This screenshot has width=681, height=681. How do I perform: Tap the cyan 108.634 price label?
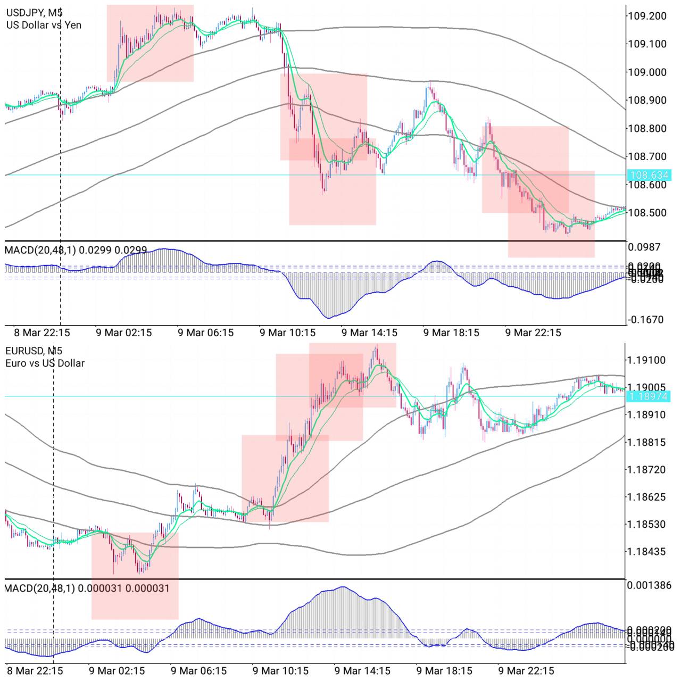[649, 175]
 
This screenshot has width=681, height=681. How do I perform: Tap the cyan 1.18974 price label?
[649, 396]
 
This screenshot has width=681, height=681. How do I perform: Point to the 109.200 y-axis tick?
[647, 16]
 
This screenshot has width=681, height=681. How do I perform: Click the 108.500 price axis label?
[647, 213]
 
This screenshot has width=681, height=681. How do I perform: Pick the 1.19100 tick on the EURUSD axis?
[646, 360]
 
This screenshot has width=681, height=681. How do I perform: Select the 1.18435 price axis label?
[646, 552]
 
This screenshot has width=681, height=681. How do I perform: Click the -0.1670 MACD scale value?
[646, 320]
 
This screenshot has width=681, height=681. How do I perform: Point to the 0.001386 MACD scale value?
[649, 585]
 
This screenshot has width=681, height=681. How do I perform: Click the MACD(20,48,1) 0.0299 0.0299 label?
[76, 250]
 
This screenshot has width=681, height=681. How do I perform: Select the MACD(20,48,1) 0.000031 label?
[87, 588]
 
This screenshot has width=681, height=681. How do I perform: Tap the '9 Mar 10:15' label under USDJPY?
[287, 333]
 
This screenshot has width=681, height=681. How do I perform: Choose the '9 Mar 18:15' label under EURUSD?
[444, 671]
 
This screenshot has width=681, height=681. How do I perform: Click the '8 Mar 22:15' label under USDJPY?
[41, 333]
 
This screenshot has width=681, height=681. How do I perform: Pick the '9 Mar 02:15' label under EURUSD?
[117, 671]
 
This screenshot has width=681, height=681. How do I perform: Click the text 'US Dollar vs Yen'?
[44, 25]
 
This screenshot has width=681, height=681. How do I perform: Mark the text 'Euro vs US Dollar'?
[45, 363]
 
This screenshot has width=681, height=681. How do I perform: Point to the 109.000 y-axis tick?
[647, 72]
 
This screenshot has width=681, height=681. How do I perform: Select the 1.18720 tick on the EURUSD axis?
[646, 470]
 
